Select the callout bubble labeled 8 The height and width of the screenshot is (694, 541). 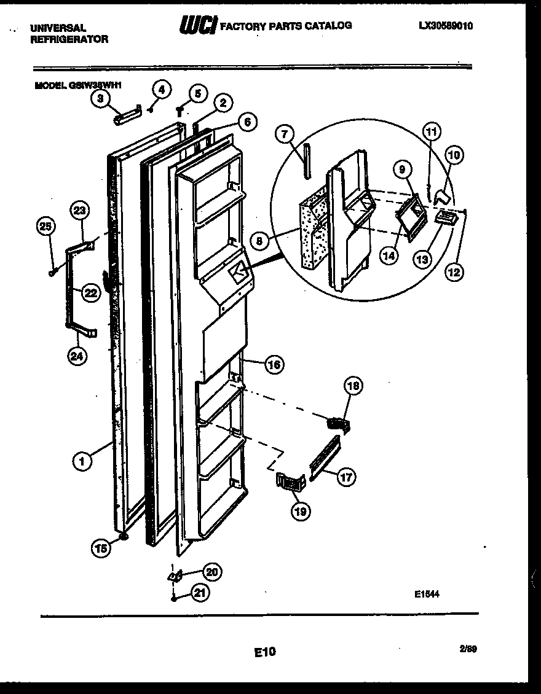pos(260,241)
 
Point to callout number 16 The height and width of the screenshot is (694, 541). pos(274,365)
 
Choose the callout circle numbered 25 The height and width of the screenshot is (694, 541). pos(44,228)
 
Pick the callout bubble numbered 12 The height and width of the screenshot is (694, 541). pos(456,271)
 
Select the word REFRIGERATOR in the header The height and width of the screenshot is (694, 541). pos(69,39)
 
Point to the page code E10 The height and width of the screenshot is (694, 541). pos(265,652)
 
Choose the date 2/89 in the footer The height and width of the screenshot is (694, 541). pos(468,648)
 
